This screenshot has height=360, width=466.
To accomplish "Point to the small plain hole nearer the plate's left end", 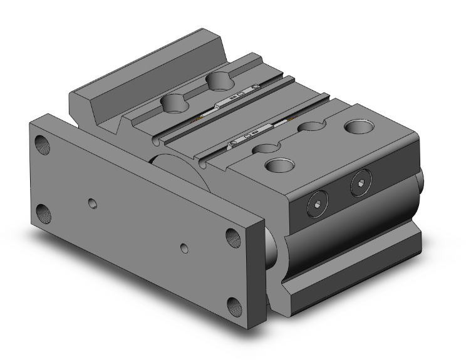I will pos(93,203).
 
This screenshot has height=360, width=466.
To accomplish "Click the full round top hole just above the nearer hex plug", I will pos(277,165).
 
